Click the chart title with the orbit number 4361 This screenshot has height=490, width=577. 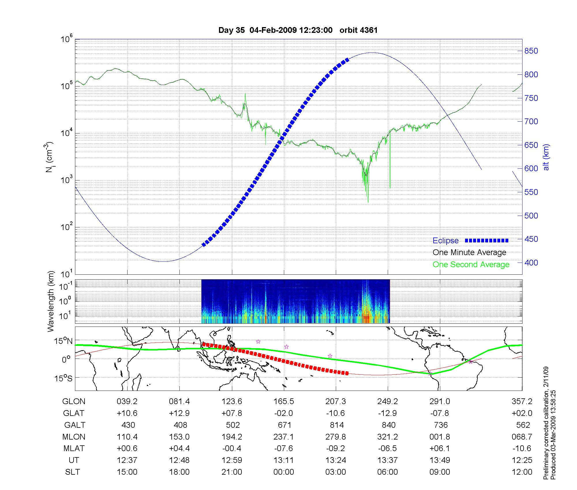click(298, 30)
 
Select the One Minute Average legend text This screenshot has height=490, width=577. click(469, 252)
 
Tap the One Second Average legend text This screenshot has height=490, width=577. click(471, 265)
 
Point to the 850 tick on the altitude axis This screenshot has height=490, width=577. click(531, 51)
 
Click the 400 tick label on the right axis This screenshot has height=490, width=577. click(531, 263)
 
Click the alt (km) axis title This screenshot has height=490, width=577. click(546, 157)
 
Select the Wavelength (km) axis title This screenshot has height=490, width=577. click(51, 301)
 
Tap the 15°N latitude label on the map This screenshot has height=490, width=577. click(63, 341)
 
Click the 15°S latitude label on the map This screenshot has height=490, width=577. click(63, 378)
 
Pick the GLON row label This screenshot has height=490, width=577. click(74, 402)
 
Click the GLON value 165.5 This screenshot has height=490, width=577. click(284, 402)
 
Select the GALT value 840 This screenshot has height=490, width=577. click(388, 425)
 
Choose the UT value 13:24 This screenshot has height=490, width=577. click(336, 460)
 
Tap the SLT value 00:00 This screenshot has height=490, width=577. click(284, 472)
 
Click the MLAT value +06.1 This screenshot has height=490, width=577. click(440, 448)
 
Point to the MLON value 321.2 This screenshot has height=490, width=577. click(388, 437)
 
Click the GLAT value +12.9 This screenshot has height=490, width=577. click(179, 413)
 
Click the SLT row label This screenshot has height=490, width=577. click(72, 472)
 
